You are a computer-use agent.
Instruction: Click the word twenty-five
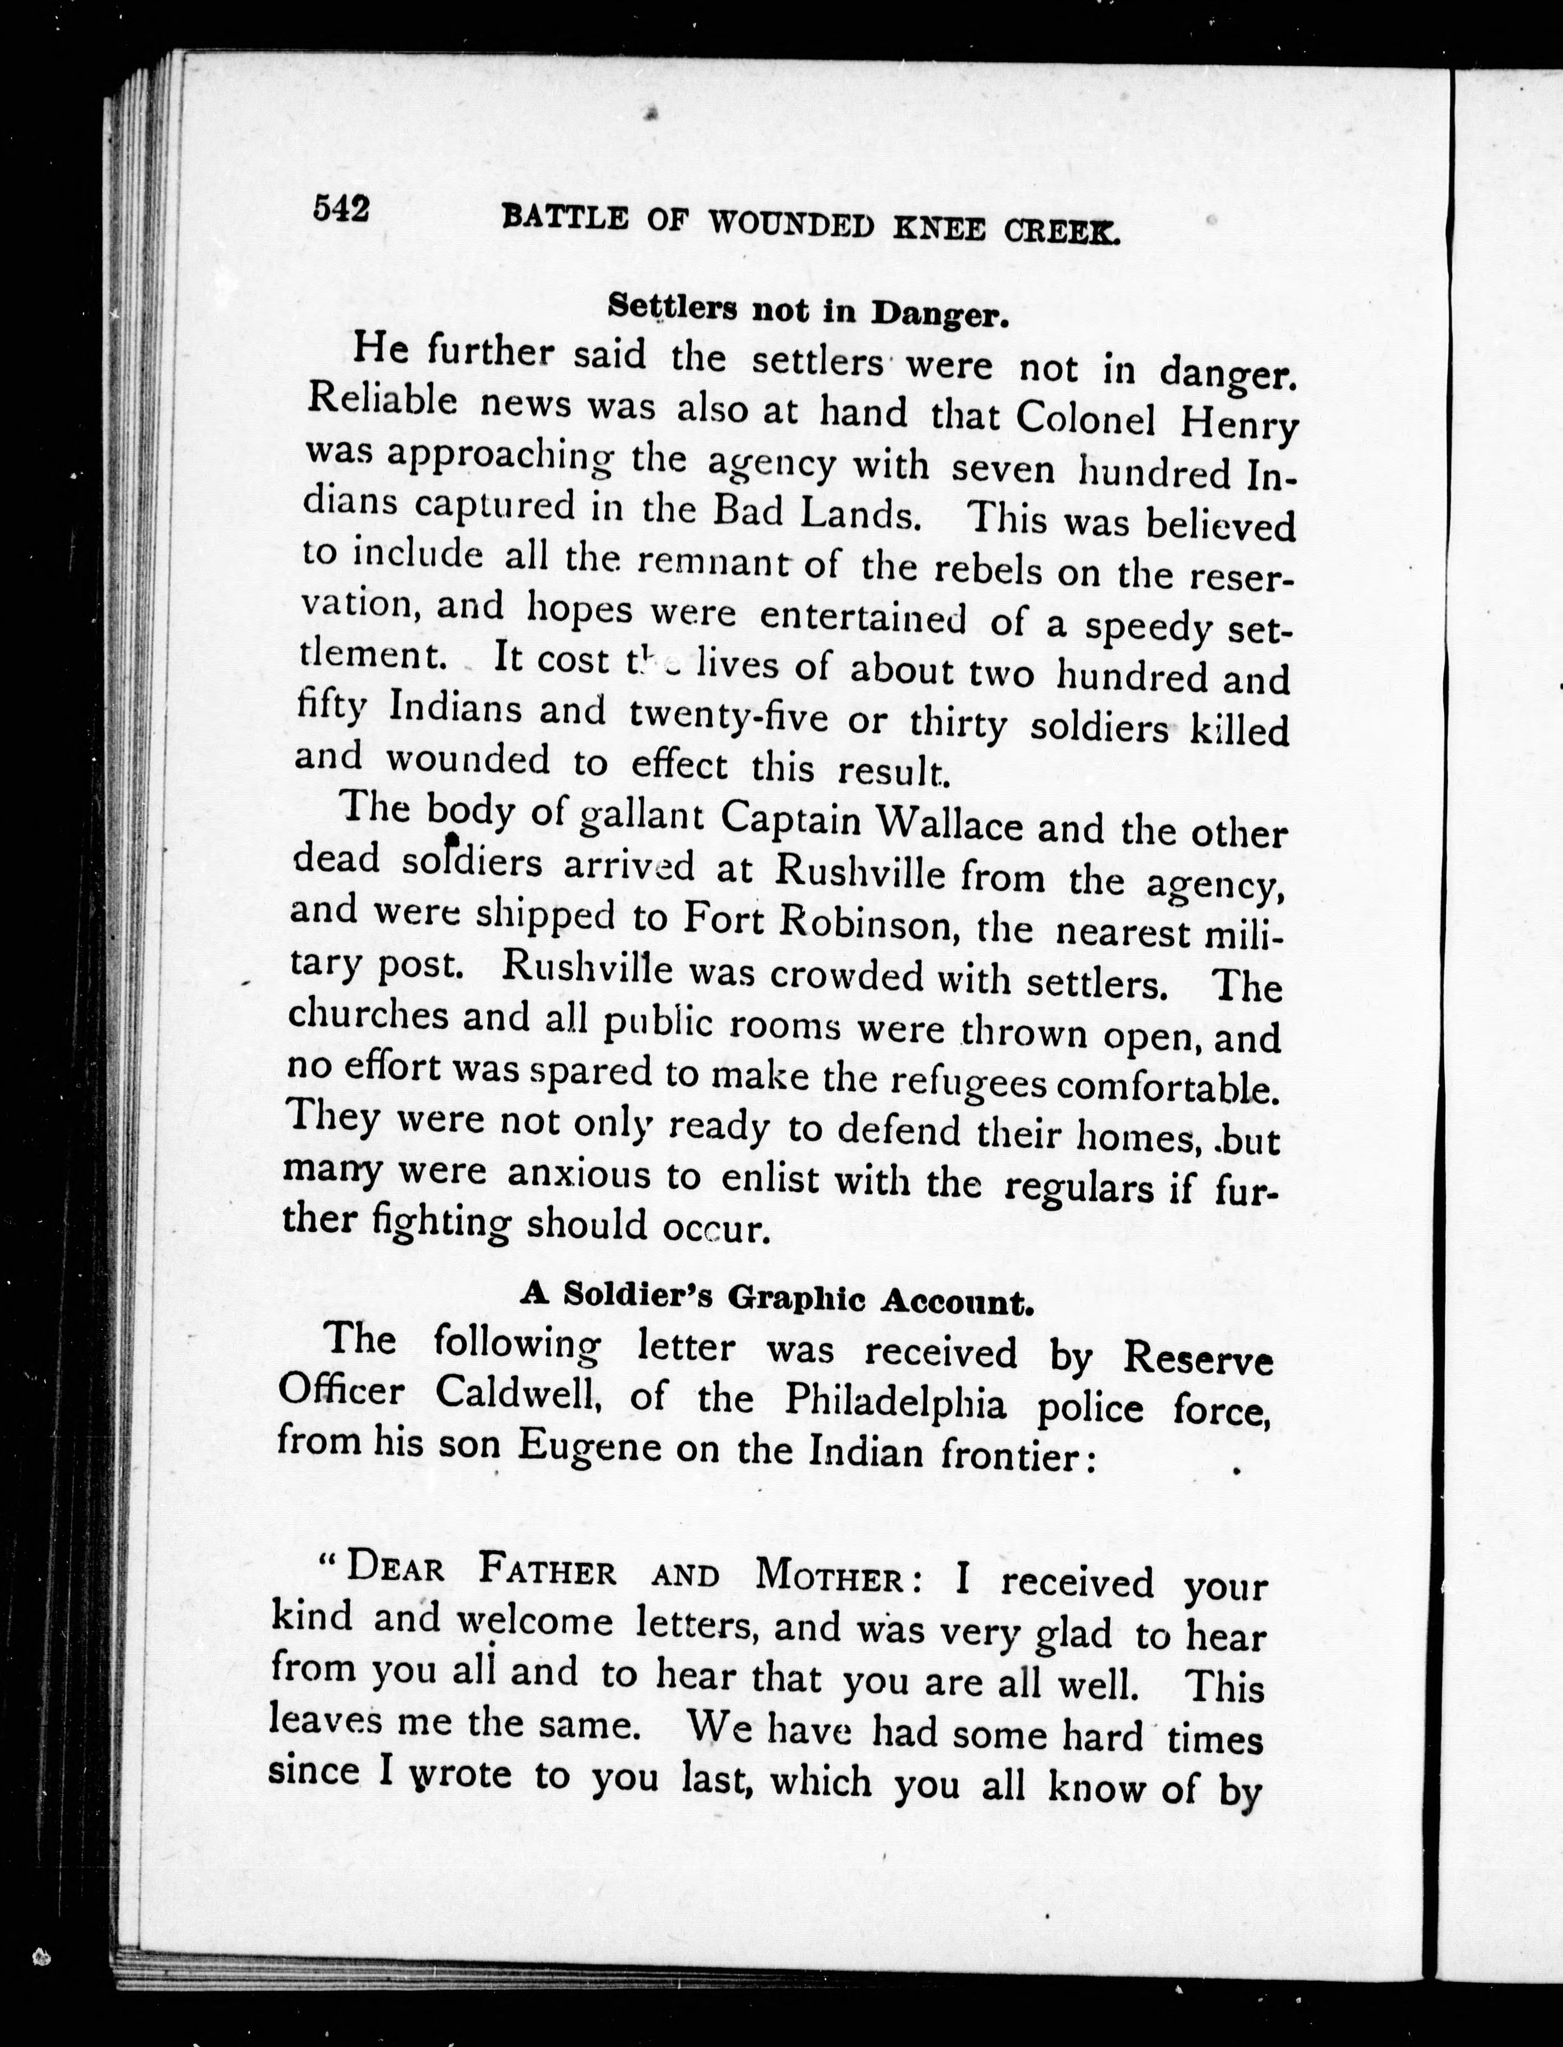tap(728, 717)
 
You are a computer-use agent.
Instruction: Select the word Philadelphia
tap(895, 1400)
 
